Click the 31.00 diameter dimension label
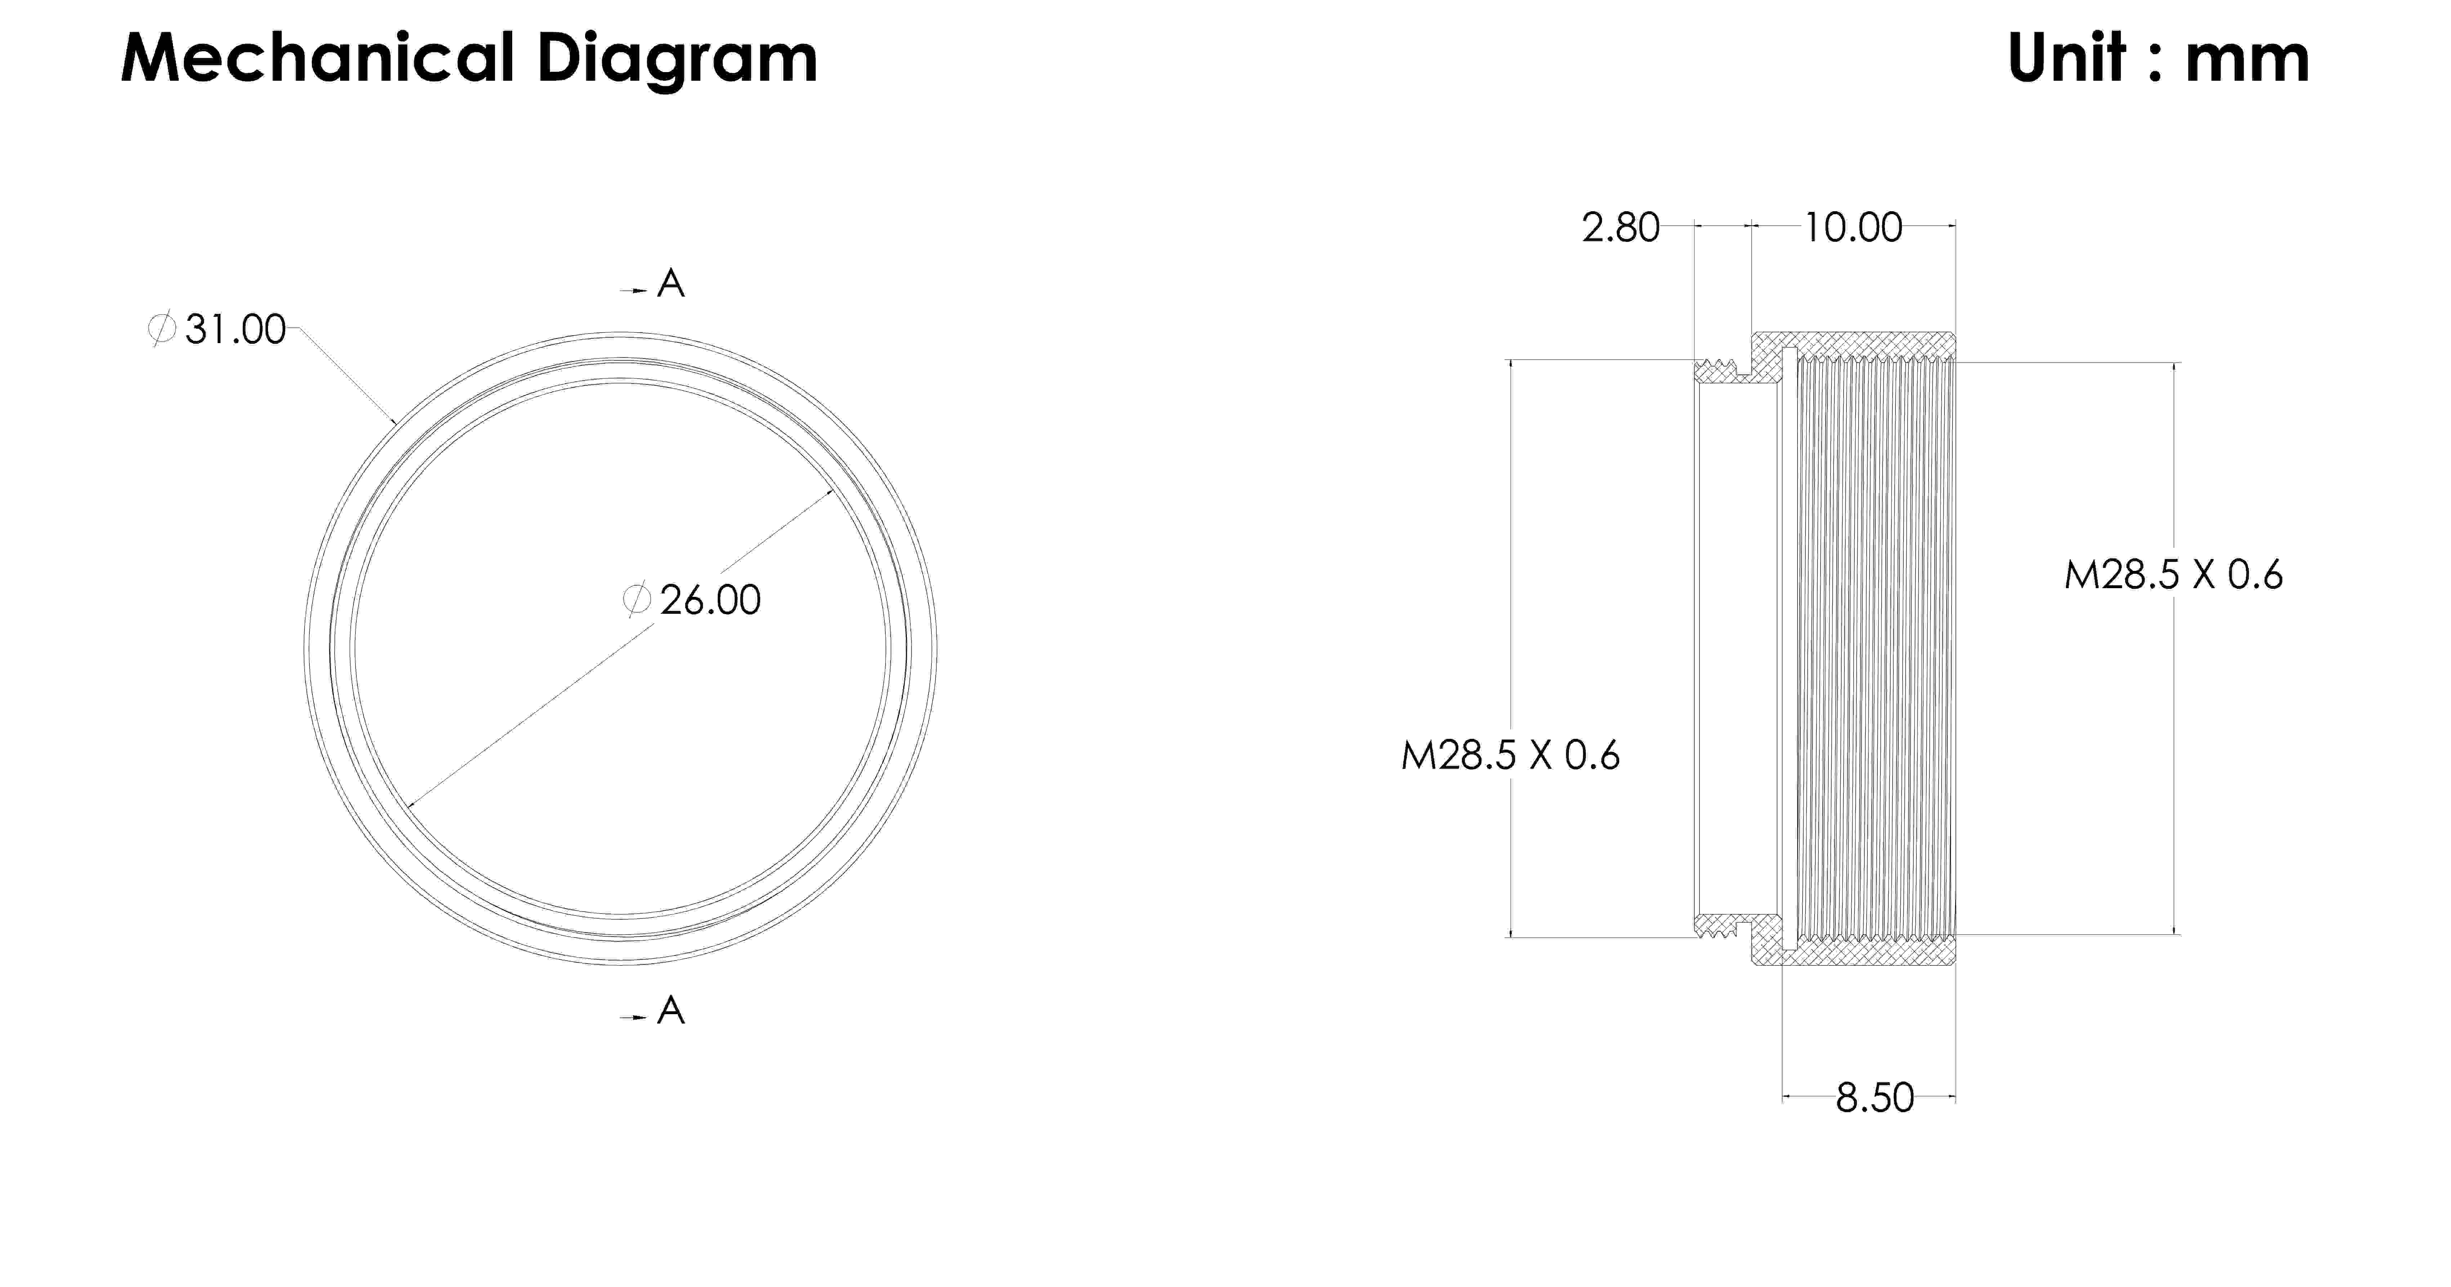click(x=235, y=329)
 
